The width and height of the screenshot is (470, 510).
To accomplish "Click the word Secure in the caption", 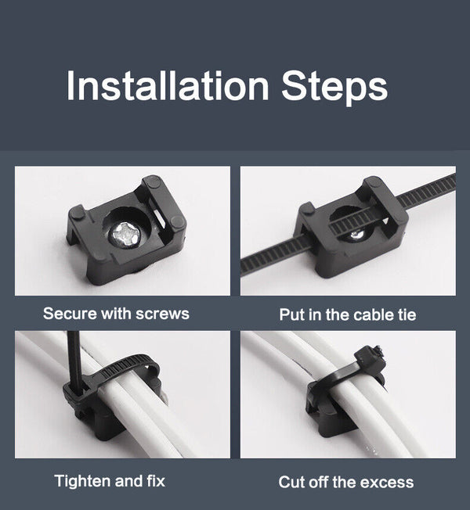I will pyautogui.click(x=70, y=314).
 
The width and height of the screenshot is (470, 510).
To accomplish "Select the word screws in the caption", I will pyautogui.click(x=162, y=314).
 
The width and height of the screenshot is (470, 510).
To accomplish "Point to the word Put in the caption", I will pyautogui.click(x=291, y=315).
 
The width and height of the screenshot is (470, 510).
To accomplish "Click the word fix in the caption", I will pyautogui.click(x=155, y=480).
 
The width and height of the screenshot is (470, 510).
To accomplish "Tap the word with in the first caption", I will pyautogui.click(x=116, y=314).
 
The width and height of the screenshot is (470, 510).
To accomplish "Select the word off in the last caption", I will pyautogui.click(x=320, y=482).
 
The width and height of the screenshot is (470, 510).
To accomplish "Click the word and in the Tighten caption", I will pyautogui.click(x=128, y=480).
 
